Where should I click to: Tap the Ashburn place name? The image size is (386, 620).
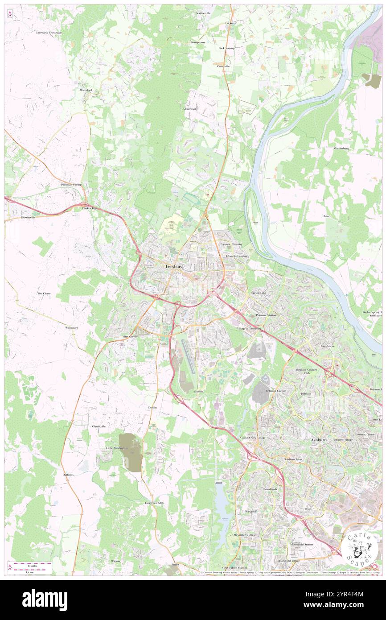click(x=319, y=440)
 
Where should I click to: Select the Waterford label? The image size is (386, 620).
click(x=86, y=90)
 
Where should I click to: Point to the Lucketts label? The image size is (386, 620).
click(x=230, y=23)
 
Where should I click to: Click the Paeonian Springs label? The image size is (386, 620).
click(x=72, y=184)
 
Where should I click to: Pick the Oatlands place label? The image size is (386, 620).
click(x=68, y=475)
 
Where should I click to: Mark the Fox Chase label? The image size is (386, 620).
click(x=44, y=293)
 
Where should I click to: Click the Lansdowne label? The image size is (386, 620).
click(x=327, y=346)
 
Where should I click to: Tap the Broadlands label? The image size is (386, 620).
click(x=270, y=489)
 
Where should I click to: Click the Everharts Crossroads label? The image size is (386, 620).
click(x=49, y=33)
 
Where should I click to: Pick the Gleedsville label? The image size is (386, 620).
click(x=99, y=426)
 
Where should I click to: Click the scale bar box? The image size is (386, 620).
click(x=29, y=568)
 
